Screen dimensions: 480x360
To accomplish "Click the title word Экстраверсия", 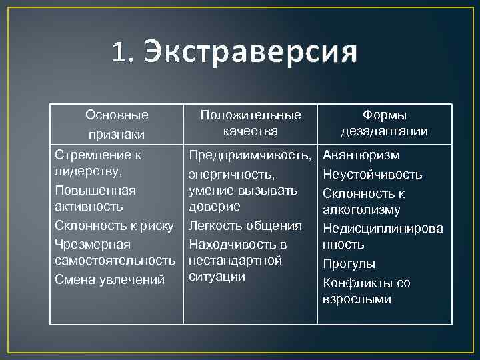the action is click(x=251, y=51).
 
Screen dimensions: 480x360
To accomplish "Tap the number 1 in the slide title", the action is click(x=119, y=51).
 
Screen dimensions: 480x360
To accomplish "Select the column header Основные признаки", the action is click(x=117, y=124).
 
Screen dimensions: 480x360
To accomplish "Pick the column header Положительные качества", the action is click(x=251, y=123).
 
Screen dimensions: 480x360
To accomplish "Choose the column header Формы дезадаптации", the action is click(x=385, y=123).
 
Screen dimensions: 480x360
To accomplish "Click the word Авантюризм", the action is click(x=361, y=155).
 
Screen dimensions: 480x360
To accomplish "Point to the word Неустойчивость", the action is click(x=373, y=175).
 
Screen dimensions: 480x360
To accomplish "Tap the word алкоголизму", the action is click(x=361, y=210).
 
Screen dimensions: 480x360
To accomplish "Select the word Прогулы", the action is click(x=349, y=264).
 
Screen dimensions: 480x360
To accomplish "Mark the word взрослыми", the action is click(x=357, y=299).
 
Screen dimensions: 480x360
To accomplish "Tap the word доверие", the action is click(x=214, y=207).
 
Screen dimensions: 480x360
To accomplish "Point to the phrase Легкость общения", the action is click(x=245, y=226).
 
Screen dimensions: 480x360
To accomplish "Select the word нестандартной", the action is click(x=235, y=261).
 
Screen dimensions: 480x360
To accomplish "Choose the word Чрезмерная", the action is click(x=93, y=245).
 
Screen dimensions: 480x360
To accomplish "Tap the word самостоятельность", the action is click(x=115, y=261).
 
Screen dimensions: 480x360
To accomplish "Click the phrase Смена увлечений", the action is click(x=109, y=280).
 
